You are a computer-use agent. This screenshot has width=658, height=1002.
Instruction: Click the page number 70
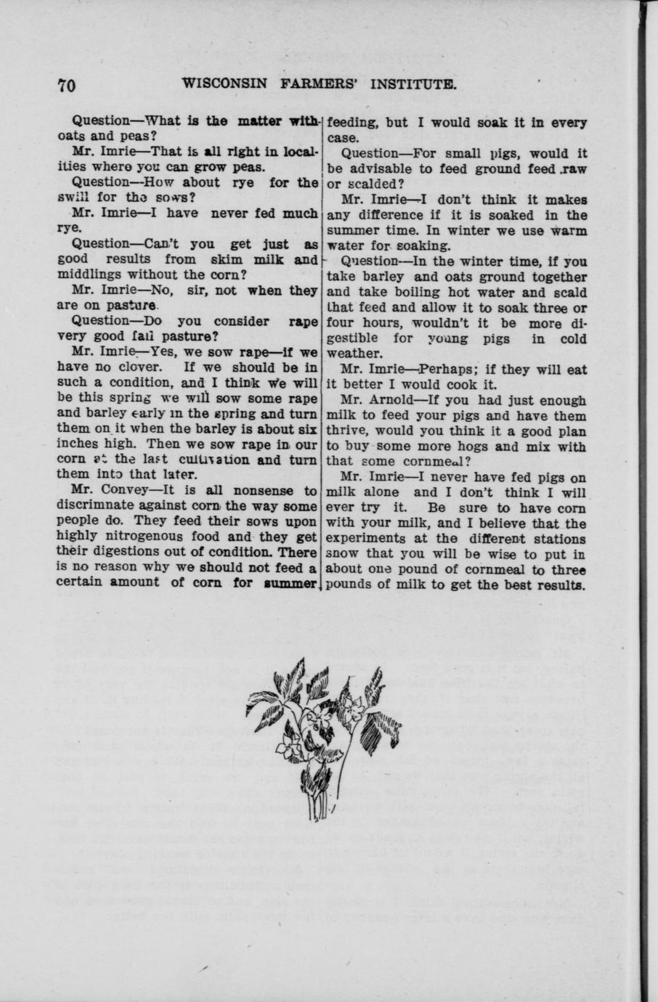67,85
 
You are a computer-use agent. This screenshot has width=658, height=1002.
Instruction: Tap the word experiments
366,539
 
